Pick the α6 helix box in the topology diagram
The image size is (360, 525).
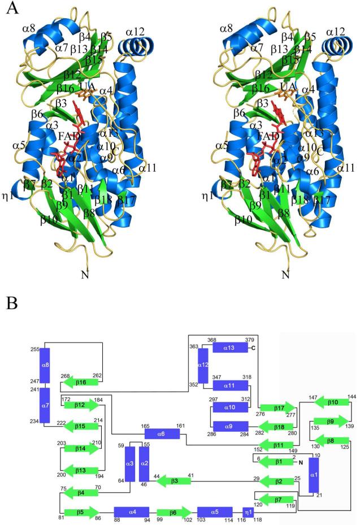click(162, 433)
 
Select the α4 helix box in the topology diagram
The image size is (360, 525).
click(131, 512)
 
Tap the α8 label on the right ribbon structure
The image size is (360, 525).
click(226, 28)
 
